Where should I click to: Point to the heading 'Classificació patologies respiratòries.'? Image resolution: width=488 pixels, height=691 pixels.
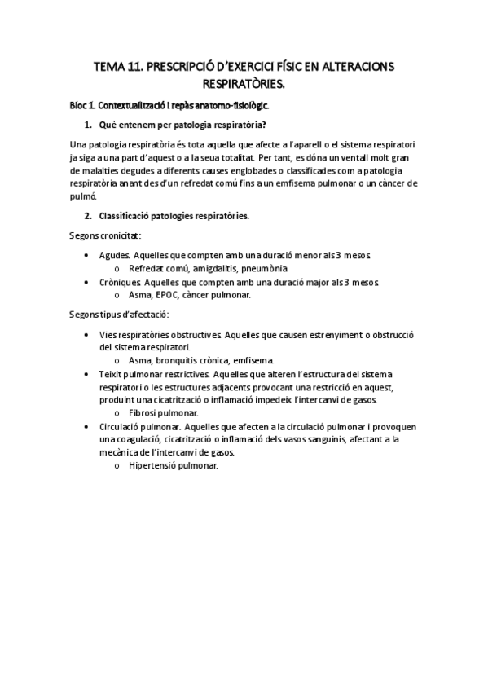click(x=174, y=216)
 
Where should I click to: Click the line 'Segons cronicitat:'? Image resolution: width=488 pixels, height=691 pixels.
click(x=105, y=235)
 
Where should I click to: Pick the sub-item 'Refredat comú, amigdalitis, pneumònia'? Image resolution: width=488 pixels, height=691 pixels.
click(x=208, y=268)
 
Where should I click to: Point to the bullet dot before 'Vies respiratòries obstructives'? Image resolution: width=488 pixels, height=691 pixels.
click(x=88, y=334)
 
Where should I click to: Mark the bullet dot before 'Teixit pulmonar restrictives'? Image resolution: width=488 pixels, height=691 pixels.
click(x=88, y=373)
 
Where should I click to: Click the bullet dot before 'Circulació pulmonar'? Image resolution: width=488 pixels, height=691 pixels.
click(x=88, y=425)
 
